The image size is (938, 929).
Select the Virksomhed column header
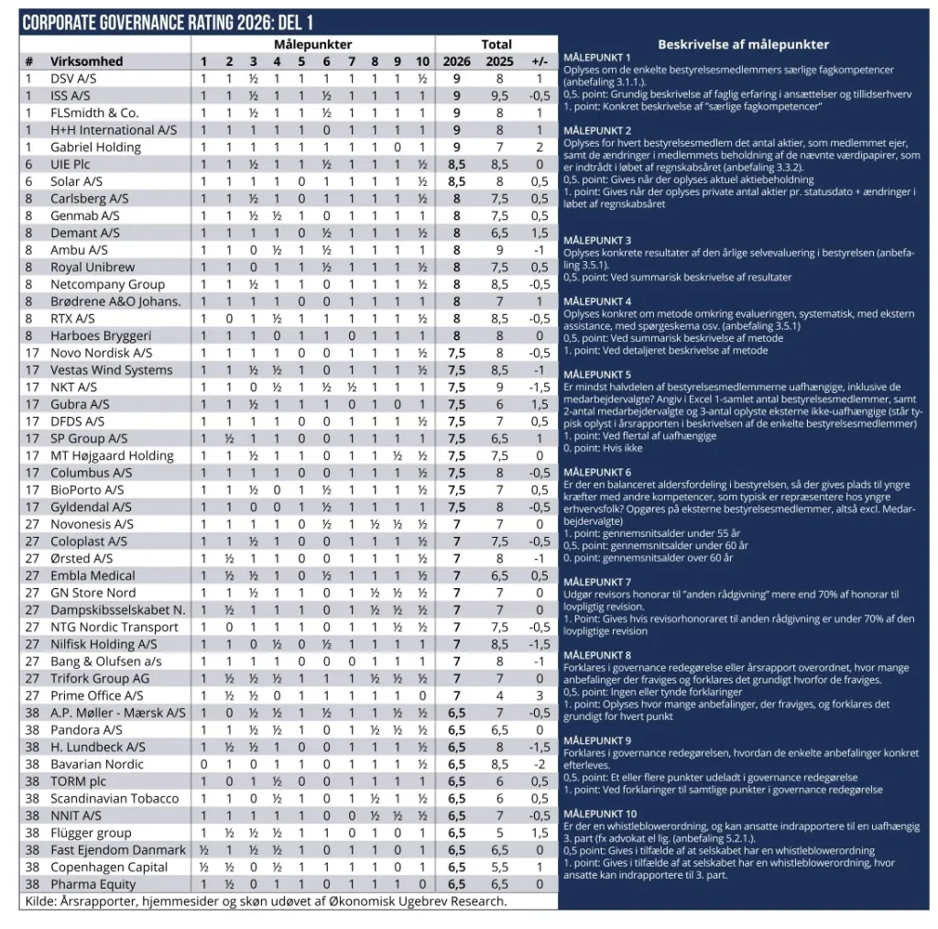[86, 61]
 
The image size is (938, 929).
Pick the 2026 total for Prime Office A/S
[456, 695]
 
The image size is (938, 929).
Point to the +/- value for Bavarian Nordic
[540, 764]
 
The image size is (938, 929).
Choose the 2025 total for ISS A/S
[499, 95]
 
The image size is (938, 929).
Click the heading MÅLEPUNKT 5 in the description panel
[597, 375]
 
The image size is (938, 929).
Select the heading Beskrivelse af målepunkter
[743, 44]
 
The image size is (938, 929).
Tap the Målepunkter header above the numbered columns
[312, 44]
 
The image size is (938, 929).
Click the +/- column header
[540, 61]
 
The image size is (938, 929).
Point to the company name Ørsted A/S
[82, 558]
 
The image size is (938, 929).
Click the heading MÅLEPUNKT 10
[600, 814]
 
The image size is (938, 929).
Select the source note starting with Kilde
[264, 902]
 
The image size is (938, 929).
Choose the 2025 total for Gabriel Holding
[499, 148]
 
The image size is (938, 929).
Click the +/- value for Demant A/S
[540, 233]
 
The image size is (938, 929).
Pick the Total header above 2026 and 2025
[496, 44]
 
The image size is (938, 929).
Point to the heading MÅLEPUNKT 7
[597, 583]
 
